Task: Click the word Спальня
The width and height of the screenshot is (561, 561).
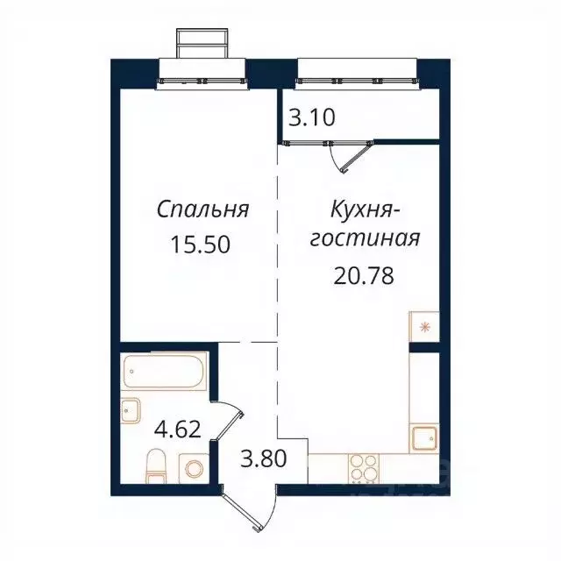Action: coord(203,209)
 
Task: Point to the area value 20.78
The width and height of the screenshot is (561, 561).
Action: coord(363,276)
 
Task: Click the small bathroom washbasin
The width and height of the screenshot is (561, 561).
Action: coord(131,409)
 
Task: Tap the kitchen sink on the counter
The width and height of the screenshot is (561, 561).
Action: coord(423,436)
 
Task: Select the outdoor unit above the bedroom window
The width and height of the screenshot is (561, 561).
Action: coord(203,42)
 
